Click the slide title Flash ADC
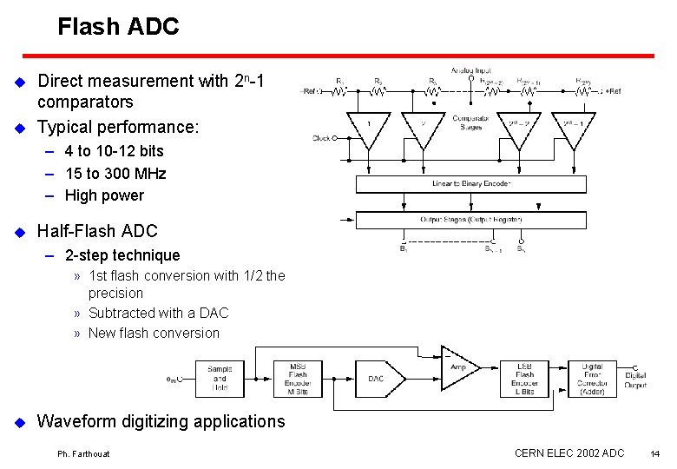pyautogui.click(x=118, y=27)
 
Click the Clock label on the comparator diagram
pyautogui.click(x=320, y=138)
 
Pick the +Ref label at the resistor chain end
pyautogui.click(x=613, y=90)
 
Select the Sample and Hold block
pyautogui.click(x=220, y=378)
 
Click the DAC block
pyautogui.click(x=376, y=379)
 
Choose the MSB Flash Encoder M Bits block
pyautogui.click(x=299, y=378)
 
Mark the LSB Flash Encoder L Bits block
pyautogui.click(x=524, y=378)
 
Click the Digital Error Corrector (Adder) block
pyautogui.click(x=591, y=379)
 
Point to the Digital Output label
pyautogui.click(x=635, y=380)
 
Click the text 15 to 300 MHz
pyautogui.click(x=115, y=174)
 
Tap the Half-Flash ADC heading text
pyautogui.click(x=97, y=231)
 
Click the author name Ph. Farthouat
pyautogui.click(x=84, y=454)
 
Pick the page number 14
pyautogui.click(x=654, y=453)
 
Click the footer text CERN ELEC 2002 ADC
pyautogui.click(x=569, y=452)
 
